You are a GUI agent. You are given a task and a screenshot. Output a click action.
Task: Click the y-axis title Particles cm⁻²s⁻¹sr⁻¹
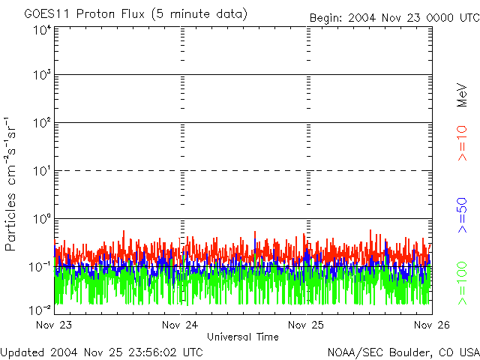13,184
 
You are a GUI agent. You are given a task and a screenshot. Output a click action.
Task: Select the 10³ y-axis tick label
42,74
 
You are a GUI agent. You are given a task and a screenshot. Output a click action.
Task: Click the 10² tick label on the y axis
42,122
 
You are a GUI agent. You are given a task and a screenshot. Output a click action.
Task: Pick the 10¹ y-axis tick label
42,170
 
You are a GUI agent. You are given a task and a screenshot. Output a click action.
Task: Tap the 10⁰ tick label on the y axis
42,218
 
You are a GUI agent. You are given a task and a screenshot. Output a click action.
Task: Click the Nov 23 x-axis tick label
53,325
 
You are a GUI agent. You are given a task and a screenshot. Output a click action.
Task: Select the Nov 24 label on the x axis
180,325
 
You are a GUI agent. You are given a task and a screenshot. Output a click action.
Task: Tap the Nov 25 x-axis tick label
306,325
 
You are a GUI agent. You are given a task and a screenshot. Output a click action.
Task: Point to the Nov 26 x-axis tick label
432,325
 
